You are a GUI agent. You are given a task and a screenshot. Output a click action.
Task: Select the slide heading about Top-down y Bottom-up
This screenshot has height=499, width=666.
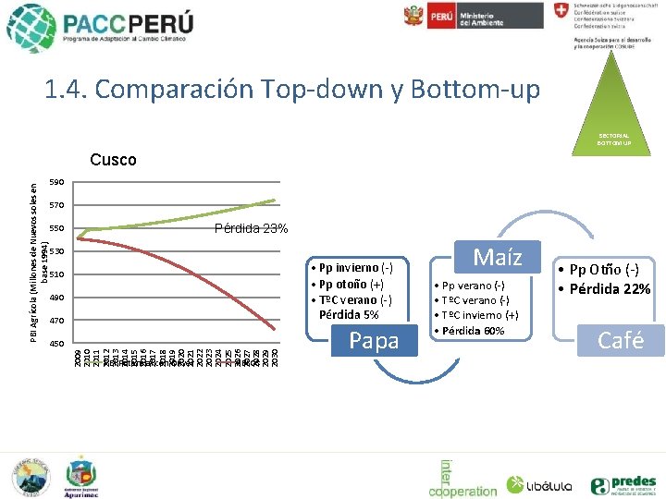[291, 90]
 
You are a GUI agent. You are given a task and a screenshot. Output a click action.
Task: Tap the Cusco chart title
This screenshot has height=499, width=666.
[113, 160]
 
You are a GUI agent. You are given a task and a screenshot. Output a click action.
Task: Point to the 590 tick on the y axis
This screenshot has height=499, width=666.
[56, 182]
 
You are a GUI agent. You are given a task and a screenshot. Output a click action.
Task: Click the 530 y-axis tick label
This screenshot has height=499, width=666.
[56, 251]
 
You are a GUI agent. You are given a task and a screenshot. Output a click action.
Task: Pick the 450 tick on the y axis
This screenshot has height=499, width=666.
[56, 344]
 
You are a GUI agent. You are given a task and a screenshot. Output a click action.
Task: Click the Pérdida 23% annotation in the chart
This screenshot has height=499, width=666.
[251, 228]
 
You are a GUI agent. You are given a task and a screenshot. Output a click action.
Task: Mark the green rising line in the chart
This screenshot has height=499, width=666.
[185, 220]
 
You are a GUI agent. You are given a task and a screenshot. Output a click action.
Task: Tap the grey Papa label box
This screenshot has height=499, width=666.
[375, 341]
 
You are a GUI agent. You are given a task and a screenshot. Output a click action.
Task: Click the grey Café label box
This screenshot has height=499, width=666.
[621, 340]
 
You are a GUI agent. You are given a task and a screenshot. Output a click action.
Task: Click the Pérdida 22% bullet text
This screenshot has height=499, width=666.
[607, 288]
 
